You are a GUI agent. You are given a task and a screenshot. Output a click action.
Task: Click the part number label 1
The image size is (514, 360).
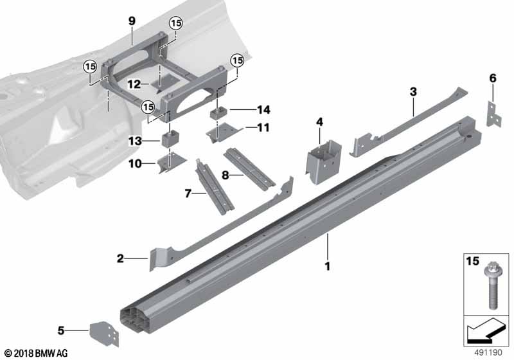[327, 265]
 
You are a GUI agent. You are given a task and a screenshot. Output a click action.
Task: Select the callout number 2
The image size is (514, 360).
[120, 259]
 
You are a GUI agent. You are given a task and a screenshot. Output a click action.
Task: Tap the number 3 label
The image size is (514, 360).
[414, 92]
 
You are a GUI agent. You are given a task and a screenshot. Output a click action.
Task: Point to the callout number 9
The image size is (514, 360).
[131, 21]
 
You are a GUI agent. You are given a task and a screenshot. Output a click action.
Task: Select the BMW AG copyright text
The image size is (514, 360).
[36, 353]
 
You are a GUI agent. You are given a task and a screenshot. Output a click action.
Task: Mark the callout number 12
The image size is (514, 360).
[134, 84]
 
